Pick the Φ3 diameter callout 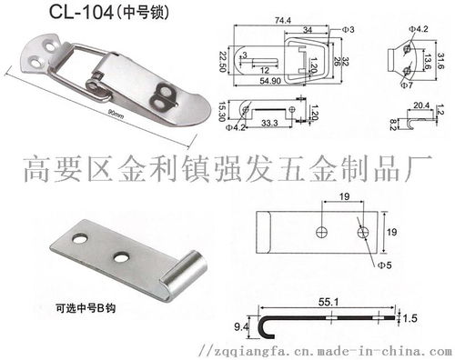click(349, 30)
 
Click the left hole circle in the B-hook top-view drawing click(319, 231)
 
